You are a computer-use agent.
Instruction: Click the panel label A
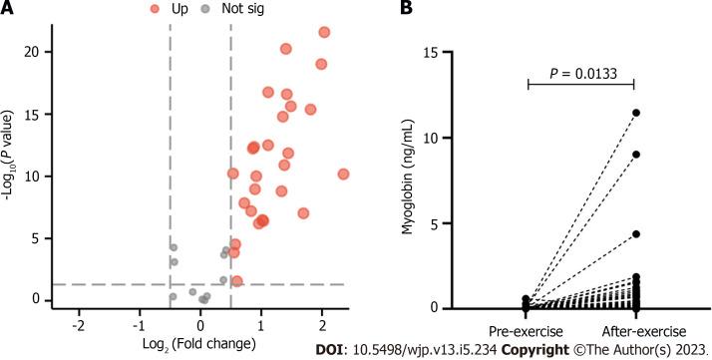(10, 10)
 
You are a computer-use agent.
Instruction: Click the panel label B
(407, 10)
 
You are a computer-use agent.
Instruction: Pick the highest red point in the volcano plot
(324, 33)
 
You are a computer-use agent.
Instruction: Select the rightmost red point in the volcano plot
(343, 175)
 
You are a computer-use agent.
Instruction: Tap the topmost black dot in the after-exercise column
(635, 113)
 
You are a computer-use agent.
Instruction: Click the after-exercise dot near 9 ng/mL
(635, 154)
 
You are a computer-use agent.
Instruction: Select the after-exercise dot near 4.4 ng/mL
(635, 233)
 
